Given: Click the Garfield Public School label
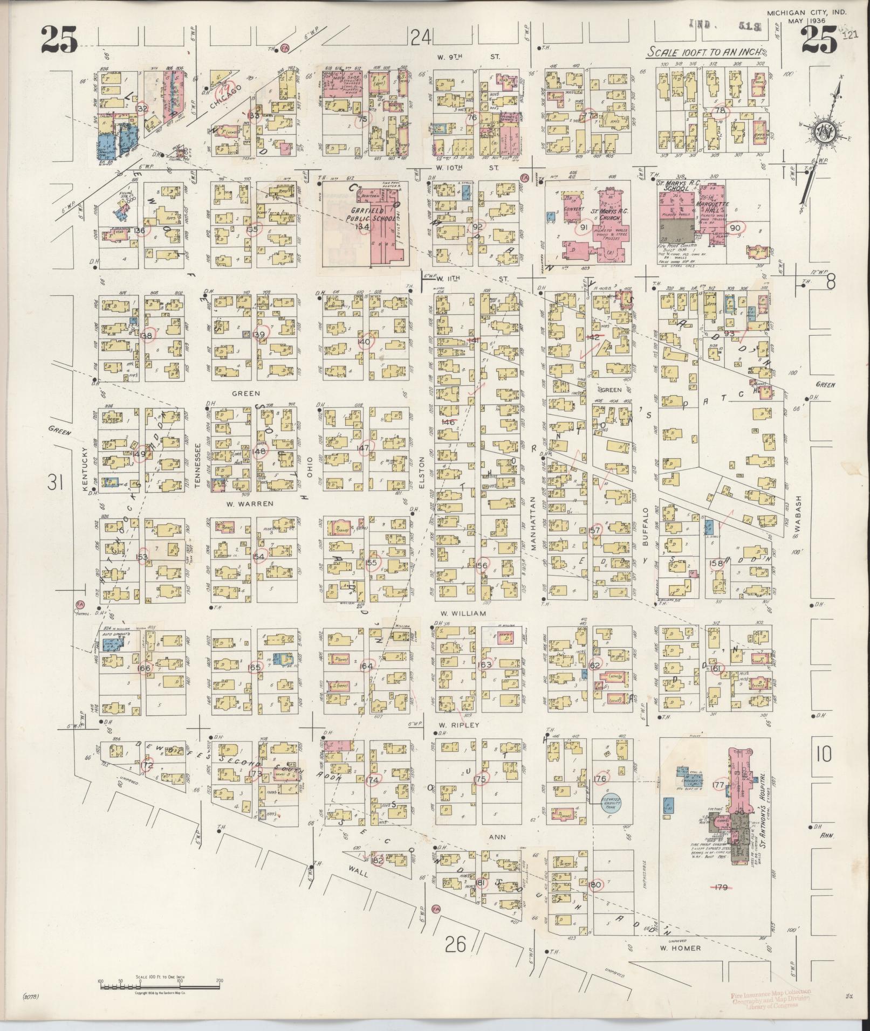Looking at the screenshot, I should tap(347, 215).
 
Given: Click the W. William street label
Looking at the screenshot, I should tap(463, 613).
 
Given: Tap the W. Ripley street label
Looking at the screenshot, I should tap(458, 725).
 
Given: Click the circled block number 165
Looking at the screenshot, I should tap(254, 667).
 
